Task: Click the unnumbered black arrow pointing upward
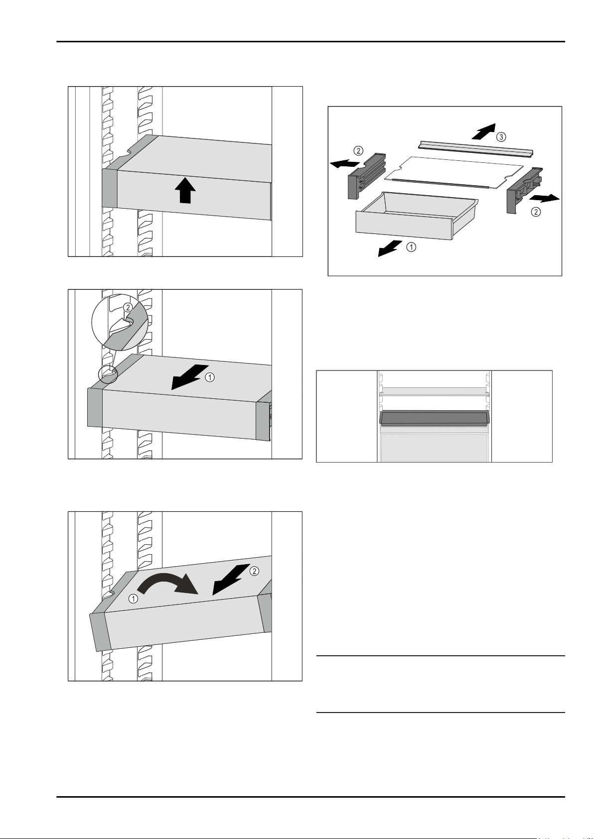pyautogui.click(x=184, y=191)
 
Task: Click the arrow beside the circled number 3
pyautogui.click(x=482, y=132)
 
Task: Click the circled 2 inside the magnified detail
pyautogui.click(x=128, y=308)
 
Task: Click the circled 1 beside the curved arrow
pyautogui.click(x=133, y=599)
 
